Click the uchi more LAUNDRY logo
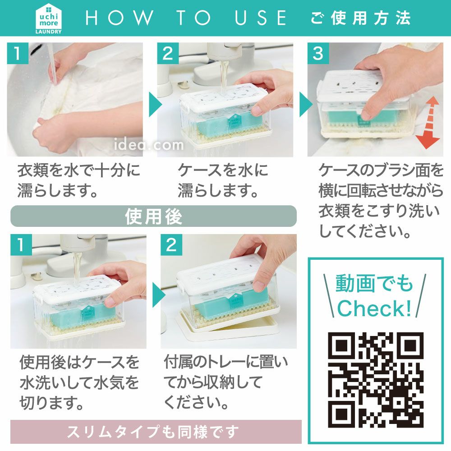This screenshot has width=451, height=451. [48, 19]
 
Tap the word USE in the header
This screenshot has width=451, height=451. [261, 18]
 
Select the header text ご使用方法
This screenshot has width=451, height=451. [361, 18]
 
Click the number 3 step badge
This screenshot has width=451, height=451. [318, 54]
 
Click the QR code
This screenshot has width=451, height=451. [376, 380]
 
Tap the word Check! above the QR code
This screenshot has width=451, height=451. [374, 308]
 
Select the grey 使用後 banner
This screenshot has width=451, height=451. [153, 216]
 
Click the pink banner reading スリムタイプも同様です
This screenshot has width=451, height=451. [156, 432]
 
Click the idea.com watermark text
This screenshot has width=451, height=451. [149, 144]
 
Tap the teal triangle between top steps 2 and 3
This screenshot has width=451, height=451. [305, 104]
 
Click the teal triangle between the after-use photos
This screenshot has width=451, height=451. [158, 295]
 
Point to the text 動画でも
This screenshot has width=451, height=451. [374, 283]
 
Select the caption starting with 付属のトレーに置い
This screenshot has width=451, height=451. [225, 382]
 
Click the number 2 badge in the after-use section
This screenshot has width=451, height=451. [171, 245]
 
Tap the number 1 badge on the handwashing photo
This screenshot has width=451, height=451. [18, 54]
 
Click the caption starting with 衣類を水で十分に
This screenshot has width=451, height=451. [78, 180]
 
